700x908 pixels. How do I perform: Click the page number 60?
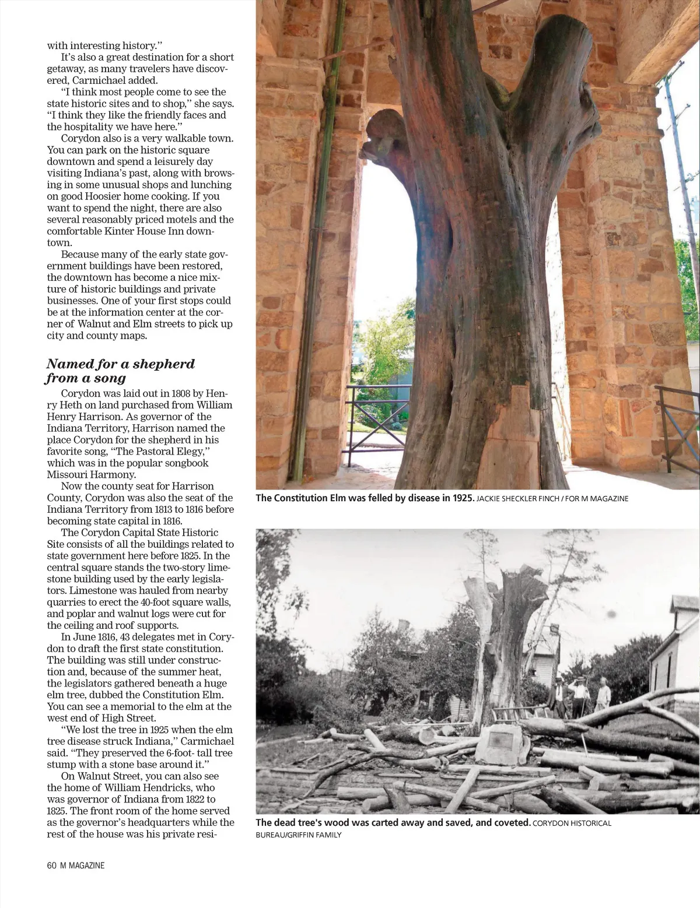(x=51, y=865)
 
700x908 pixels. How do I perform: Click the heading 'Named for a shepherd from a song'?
(x=121, y=371)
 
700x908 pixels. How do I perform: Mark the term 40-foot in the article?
(x=153, y=602)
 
